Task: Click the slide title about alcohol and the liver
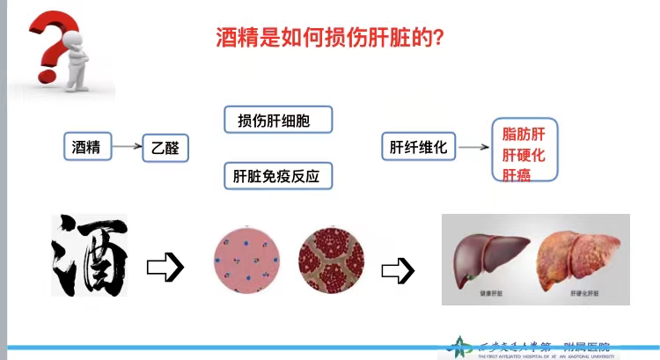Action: click(x=329, y=37)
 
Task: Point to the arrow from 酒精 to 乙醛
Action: click(x=128, y=147)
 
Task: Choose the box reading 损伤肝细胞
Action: click(x=279, y=120)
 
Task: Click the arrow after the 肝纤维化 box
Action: click(x=474, y=148)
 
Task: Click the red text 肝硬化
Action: click(x=524, y=154)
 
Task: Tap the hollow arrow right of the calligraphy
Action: click(x=165, y=267)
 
